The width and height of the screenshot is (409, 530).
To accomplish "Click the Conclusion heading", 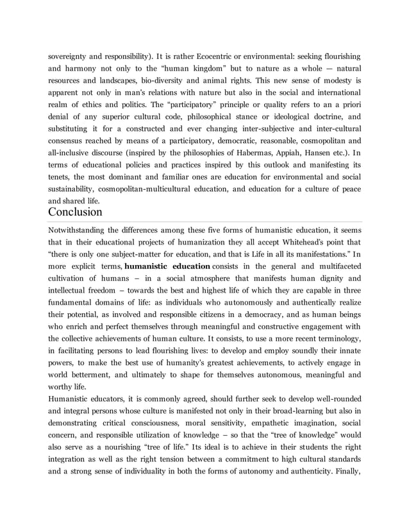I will [75, 211].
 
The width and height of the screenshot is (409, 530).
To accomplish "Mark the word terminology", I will [337, 339].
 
